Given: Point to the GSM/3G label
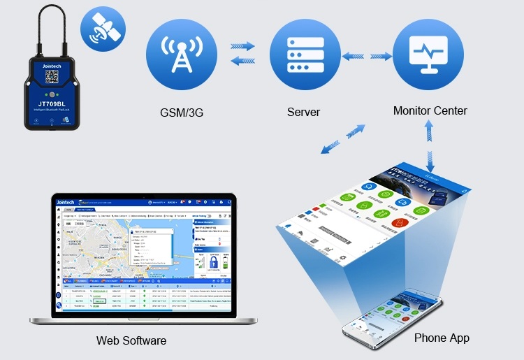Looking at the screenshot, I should click(182, 112).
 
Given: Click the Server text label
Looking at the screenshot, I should click(304, 112).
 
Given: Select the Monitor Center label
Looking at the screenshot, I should click(430, 110).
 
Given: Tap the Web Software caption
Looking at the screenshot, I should click(131, 340).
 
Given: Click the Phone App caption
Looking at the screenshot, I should click(442, 338).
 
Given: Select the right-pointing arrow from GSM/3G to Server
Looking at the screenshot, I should click(243, 46).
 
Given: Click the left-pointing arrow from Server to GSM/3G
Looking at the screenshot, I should click(243, 61).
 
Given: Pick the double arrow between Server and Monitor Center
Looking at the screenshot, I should click(366, 55).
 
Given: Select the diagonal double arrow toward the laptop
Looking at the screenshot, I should click(342, 138).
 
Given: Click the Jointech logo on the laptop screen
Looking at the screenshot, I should click(71, 201).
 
